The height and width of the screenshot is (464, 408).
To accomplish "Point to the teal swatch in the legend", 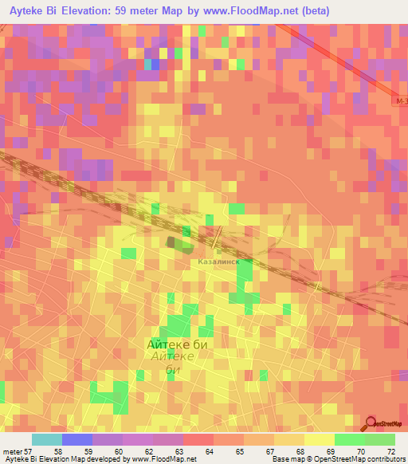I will coord(46,439).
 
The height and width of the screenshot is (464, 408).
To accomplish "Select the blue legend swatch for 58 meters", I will coord(76,439).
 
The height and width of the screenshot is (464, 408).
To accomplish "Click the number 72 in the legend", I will coord(390,451).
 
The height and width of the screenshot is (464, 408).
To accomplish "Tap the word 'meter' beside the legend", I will coord(13,451).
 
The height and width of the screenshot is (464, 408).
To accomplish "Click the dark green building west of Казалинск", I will coord(173,242).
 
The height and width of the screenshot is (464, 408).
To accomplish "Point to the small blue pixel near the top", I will coord(148,63).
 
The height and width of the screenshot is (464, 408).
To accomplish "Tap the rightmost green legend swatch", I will coord(379,439).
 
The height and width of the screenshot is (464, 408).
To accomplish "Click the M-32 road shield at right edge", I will coord(402,103).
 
